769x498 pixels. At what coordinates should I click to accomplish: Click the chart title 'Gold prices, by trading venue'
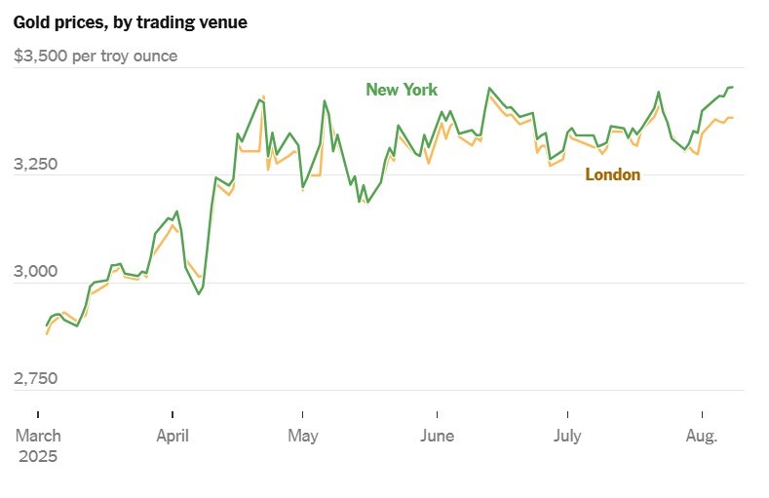[130, 21]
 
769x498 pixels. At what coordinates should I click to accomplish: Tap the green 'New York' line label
[402, 90]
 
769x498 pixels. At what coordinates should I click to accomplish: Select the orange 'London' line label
[612, 175]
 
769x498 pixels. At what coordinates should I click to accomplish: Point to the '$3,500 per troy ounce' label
[96, 57]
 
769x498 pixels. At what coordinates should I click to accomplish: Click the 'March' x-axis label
[38, 436]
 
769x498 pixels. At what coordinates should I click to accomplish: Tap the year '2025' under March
[38, 456]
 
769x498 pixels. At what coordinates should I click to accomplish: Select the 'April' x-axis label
[173, 436]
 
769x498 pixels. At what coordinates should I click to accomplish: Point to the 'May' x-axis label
[303, 436]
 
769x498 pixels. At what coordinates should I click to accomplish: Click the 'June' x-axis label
[438, 436]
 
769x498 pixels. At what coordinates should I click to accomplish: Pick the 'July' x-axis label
[567, 436]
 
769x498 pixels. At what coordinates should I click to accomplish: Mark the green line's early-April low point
[199, 293]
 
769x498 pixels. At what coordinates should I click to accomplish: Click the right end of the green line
[733, 88]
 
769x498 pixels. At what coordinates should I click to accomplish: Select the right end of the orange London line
[733, 118]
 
